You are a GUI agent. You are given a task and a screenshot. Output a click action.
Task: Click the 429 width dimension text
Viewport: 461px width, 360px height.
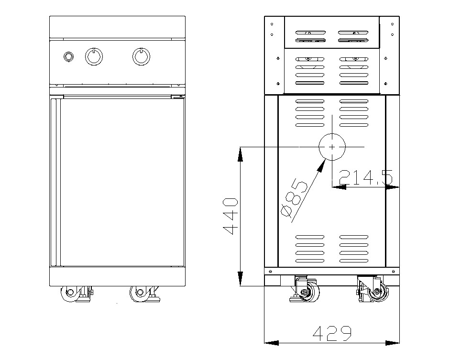tap(332, 333)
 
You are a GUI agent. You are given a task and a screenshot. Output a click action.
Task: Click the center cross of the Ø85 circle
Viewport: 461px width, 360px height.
tap(332, 146)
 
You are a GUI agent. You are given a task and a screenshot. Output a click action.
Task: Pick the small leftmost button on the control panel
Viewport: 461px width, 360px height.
tap(69, 57)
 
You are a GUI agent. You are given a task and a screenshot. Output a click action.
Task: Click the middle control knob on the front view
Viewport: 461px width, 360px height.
tap(94, 56)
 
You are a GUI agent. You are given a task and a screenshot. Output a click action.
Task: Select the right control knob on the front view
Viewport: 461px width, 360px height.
tap(141, 56)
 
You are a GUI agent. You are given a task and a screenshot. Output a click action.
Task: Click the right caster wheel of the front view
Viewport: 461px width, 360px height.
tap(140, 293)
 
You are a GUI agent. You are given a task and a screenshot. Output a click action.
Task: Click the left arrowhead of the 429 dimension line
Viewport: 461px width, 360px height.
tap(271, 342)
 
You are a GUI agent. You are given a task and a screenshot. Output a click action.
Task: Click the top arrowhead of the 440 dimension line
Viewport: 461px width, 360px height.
tap(241, 154)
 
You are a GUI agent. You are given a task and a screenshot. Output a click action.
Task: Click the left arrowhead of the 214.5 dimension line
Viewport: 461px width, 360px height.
tap(339, 187)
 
